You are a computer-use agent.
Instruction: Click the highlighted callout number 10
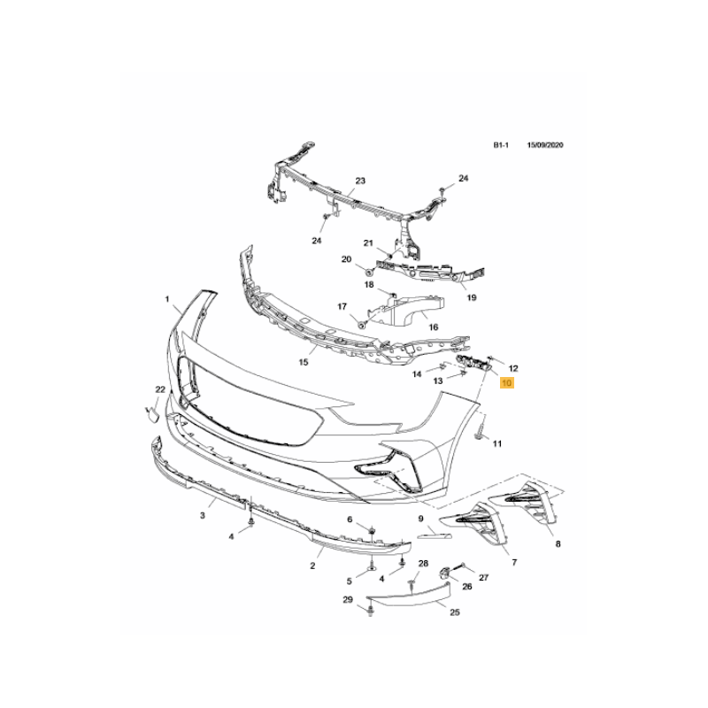[506, 383]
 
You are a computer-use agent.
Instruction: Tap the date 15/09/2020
[545, 145]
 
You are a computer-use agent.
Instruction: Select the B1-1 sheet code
[501, 145]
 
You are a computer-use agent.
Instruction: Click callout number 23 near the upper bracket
[360, 181]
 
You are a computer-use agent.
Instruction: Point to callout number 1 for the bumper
[167, 299]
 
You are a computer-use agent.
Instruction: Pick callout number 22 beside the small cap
[160, 389]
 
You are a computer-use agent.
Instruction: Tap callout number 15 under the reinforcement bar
[304, 362]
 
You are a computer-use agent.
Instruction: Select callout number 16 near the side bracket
[433, 327]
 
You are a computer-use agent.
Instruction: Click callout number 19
[472, 297]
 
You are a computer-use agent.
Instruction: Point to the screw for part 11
[480, 430]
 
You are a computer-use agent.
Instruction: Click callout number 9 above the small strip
[421, 519]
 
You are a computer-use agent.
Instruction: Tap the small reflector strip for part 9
[435, 535]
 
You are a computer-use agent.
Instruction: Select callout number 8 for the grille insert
[558, 544]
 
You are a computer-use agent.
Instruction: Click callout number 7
[514, 562]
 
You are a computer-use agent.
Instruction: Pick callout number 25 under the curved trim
[455, 612]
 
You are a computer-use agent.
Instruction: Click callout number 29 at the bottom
[348, 600]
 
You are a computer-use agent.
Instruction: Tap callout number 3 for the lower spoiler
[203, 515]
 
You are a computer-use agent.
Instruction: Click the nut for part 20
[368, 272]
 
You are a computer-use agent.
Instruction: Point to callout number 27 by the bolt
[483, 578]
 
